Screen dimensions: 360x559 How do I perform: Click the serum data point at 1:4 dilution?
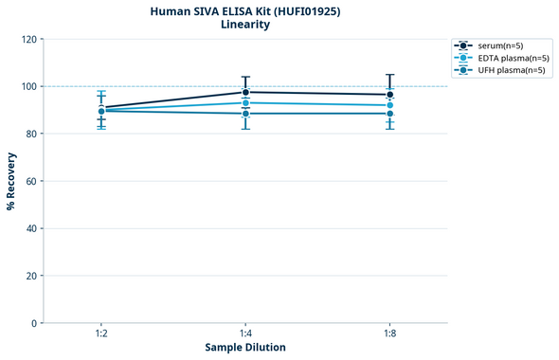246,92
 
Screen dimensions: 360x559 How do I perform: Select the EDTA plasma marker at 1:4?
246,102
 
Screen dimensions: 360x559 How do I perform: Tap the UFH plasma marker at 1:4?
246,114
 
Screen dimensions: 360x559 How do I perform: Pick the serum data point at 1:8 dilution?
390,95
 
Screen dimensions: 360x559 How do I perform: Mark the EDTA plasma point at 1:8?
390,105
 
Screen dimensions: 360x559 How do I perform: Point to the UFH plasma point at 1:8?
390,114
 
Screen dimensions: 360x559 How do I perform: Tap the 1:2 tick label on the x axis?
101,334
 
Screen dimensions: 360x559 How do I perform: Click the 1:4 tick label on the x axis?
246,334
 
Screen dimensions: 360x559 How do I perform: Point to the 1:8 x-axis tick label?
390,334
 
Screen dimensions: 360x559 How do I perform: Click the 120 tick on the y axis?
28,40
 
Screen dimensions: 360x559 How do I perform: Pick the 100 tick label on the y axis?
28,87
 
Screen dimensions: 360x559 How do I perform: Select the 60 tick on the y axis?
31,181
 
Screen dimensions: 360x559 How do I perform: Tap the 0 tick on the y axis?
34,323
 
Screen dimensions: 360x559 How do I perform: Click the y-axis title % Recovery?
11,181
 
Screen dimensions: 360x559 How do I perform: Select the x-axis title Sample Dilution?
245,348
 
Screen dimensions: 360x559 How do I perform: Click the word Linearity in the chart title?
245,25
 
